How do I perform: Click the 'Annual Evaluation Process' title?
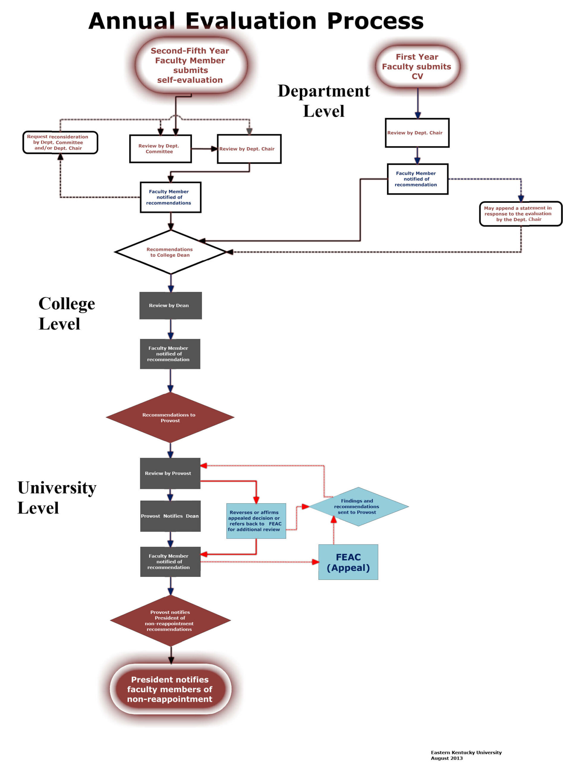pyautogui.click(x=256, y=21)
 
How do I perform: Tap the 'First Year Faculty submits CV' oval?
pyautogui.click(x=417, y=67)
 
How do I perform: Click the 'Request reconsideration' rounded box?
pyautogui.click(x=60, y=142)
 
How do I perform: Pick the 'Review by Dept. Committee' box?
pyautogui.click(x=160, y=149)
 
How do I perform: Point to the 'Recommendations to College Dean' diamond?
pyautogui.click(x=170, y=252)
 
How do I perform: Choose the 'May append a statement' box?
pyautogui.click(x=520, y=214)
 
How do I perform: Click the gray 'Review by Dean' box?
pyautogui.click(x=170, y=305)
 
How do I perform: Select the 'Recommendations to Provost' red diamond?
pyautogui.click(x=170, y=417)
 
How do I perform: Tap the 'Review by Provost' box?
pyautogui.click(x=170, y=473)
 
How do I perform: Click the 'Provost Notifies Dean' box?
pyautogui.click(x=170, y=516)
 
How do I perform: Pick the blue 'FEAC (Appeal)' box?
pyautogui.click(x=348, y=562)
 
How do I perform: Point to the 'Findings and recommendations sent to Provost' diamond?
pyautogui.click(x=358, y=506)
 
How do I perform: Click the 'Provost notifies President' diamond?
pyautogui.click(x=170, y=620)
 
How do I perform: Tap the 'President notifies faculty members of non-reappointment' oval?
pyautogui.click(x=170, y=689)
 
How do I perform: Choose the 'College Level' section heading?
pyautogui.click(x=67, y=313)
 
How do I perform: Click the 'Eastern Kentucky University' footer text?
pyautogui.click(x=466, y=752)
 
